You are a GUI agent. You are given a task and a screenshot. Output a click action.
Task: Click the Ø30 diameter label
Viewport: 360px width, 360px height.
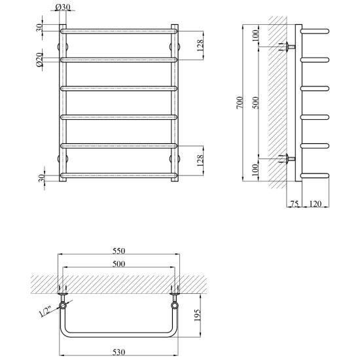63,7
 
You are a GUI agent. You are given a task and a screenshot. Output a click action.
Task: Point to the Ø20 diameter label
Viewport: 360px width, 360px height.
39,60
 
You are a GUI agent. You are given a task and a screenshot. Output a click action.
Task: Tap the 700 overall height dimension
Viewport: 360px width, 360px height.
239,103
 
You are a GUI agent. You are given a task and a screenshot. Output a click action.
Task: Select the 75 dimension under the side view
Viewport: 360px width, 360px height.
295,204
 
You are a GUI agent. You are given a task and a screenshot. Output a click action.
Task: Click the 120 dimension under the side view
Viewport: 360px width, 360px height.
315,204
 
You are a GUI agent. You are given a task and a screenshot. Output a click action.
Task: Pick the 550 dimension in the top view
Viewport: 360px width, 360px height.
118,251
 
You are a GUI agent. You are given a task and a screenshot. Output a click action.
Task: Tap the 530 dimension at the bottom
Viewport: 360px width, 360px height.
118,352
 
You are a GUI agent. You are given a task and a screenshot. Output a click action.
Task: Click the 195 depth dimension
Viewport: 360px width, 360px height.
197,315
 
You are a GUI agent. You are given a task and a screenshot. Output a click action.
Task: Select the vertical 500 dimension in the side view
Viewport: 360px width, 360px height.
256,103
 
